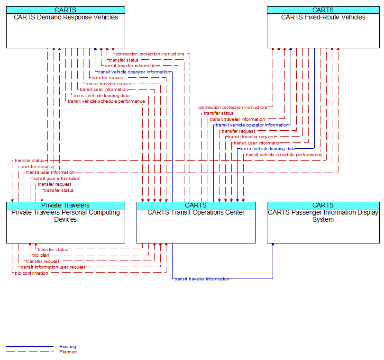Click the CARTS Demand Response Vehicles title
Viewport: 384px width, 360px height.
coord(65,18)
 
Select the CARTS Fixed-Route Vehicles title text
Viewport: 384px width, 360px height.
coord(323,18)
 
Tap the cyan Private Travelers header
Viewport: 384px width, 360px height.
coord(65,205)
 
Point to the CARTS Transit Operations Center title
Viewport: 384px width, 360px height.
coord(196,213)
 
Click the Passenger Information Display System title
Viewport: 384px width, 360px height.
coord(323,216)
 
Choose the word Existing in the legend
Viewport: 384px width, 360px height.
coord(68,347)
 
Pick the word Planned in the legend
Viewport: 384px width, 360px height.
coord(68,352)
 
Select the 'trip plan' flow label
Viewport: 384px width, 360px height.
coord(41,255)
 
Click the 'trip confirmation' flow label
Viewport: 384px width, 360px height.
coord(31,273)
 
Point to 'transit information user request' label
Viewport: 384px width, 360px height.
coord(53,267)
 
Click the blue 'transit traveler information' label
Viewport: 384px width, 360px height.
coord(201,279)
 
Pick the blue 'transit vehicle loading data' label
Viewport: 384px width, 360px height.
coord(267,149)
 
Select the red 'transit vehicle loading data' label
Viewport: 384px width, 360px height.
coord(101,95)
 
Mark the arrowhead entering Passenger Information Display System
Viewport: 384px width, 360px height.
coord(273,246)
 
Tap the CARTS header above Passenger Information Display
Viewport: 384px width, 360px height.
coord(323,205)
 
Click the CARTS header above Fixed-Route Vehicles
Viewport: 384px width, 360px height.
coord(323,10)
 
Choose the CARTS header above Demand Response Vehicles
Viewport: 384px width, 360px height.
coord(65,10)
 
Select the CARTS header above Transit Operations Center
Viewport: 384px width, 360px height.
coord(196,205)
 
